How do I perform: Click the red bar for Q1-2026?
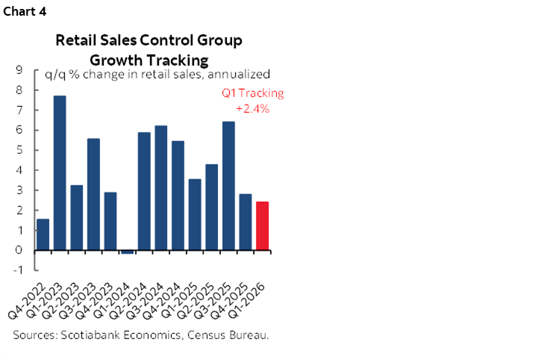coord(262,226)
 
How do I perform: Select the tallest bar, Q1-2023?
coord(60,173)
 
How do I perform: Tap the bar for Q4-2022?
coord(43,235)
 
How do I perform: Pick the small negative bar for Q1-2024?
coord(127,252)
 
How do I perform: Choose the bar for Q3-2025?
coord(228,186)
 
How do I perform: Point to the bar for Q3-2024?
coord(160,187)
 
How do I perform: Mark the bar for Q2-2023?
coord(76,217)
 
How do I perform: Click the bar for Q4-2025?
coord(245,222)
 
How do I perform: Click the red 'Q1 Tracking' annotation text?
coord(253,93)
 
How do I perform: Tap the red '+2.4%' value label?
coord(252,108)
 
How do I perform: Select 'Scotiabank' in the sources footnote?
coord(89,335)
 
